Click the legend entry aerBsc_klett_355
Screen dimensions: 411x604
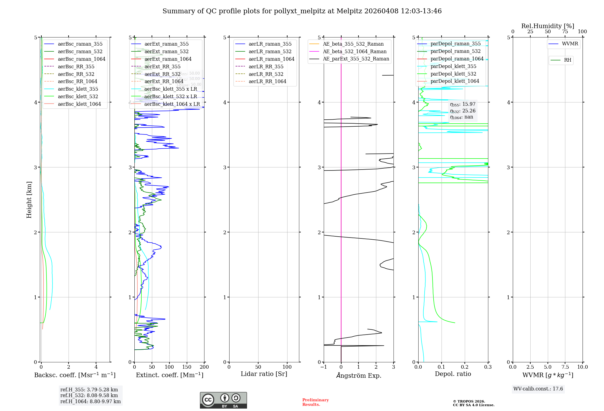pyautogui.click(x=78, y=89)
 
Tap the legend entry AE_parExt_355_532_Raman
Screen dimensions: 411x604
pyautogui.click(x=356, y=59)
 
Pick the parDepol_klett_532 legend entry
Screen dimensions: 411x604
pyautogui.click(x=453, y=74)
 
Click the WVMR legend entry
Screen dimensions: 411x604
pyautogui.click(x=570, y=44)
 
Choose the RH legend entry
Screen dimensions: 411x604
pyautogui.click(x=567, y=60)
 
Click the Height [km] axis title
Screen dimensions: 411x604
pyautogui.click(x=29, y=200)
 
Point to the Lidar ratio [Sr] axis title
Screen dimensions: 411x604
pyautogui.click(x=264, y=374)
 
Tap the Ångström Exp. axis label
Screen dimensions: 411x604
pyautogui.click(x=358, y=376)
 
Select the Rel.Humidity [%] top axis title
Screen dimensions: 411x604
pyautogui.click(x=548, y=26)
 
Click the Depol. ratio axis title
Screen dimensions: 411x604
pyautogui.click(x=453, y=374)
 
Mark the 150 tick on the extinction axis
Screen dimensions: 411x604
pyautogui.click(x=187, y=367)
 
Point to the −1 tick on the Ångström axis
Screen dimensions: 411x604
pyautogui.click(x=323, y=367)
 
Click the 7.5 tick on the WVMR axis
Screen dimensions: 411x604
pyautogui.click(x=565, y=367)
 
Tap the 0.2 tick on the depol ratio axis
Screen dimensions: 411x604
pyautogui.click(x=464, y=367)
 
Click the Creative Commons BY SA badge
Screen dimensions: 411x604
pyautogui.click(x=223, y=400)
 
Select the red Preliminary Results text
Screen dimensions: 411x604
pyautogui.click(x=315, y=402)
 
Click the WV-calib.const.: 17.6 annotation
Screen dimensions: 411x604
pyautogui.click(x=538, y=389)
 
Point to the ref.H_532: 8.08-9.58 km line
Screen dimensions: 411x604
pyautogui.click(x=89, y=396)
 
